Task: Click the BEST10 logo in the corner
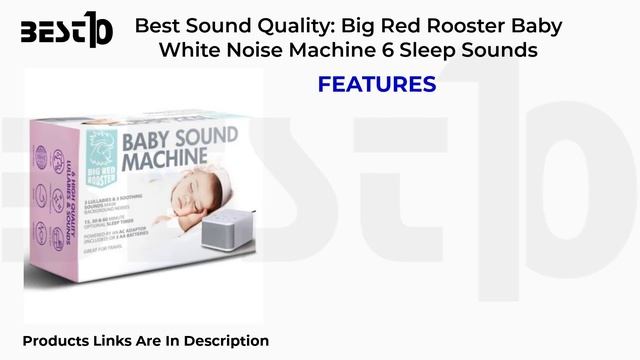(x=67, y=32)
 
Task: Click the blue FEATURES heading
(x=377, y=85)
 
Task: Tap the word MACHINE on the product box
(x=165, y=159)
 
